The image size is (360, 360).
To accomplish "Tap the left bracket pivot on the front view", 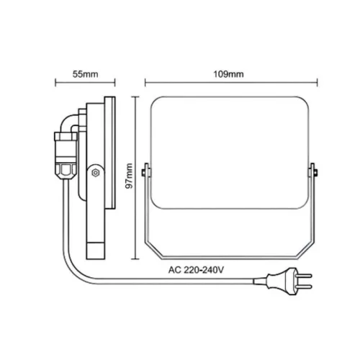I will (147, 171).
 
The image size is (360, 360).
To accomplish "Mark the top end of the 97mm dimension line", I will (136, 96).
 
